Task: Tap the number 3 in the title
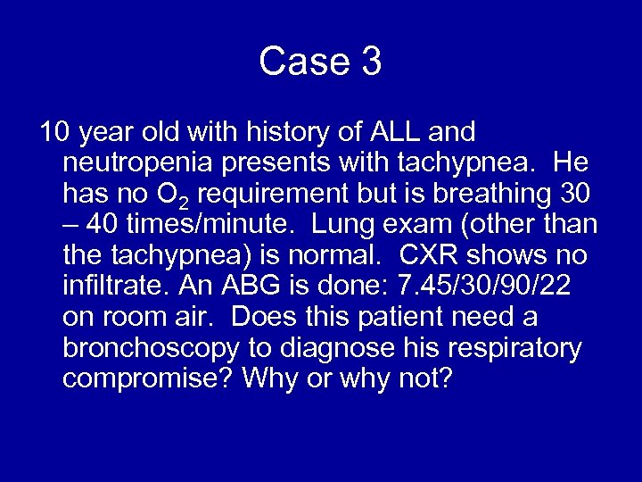(371, 62)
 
